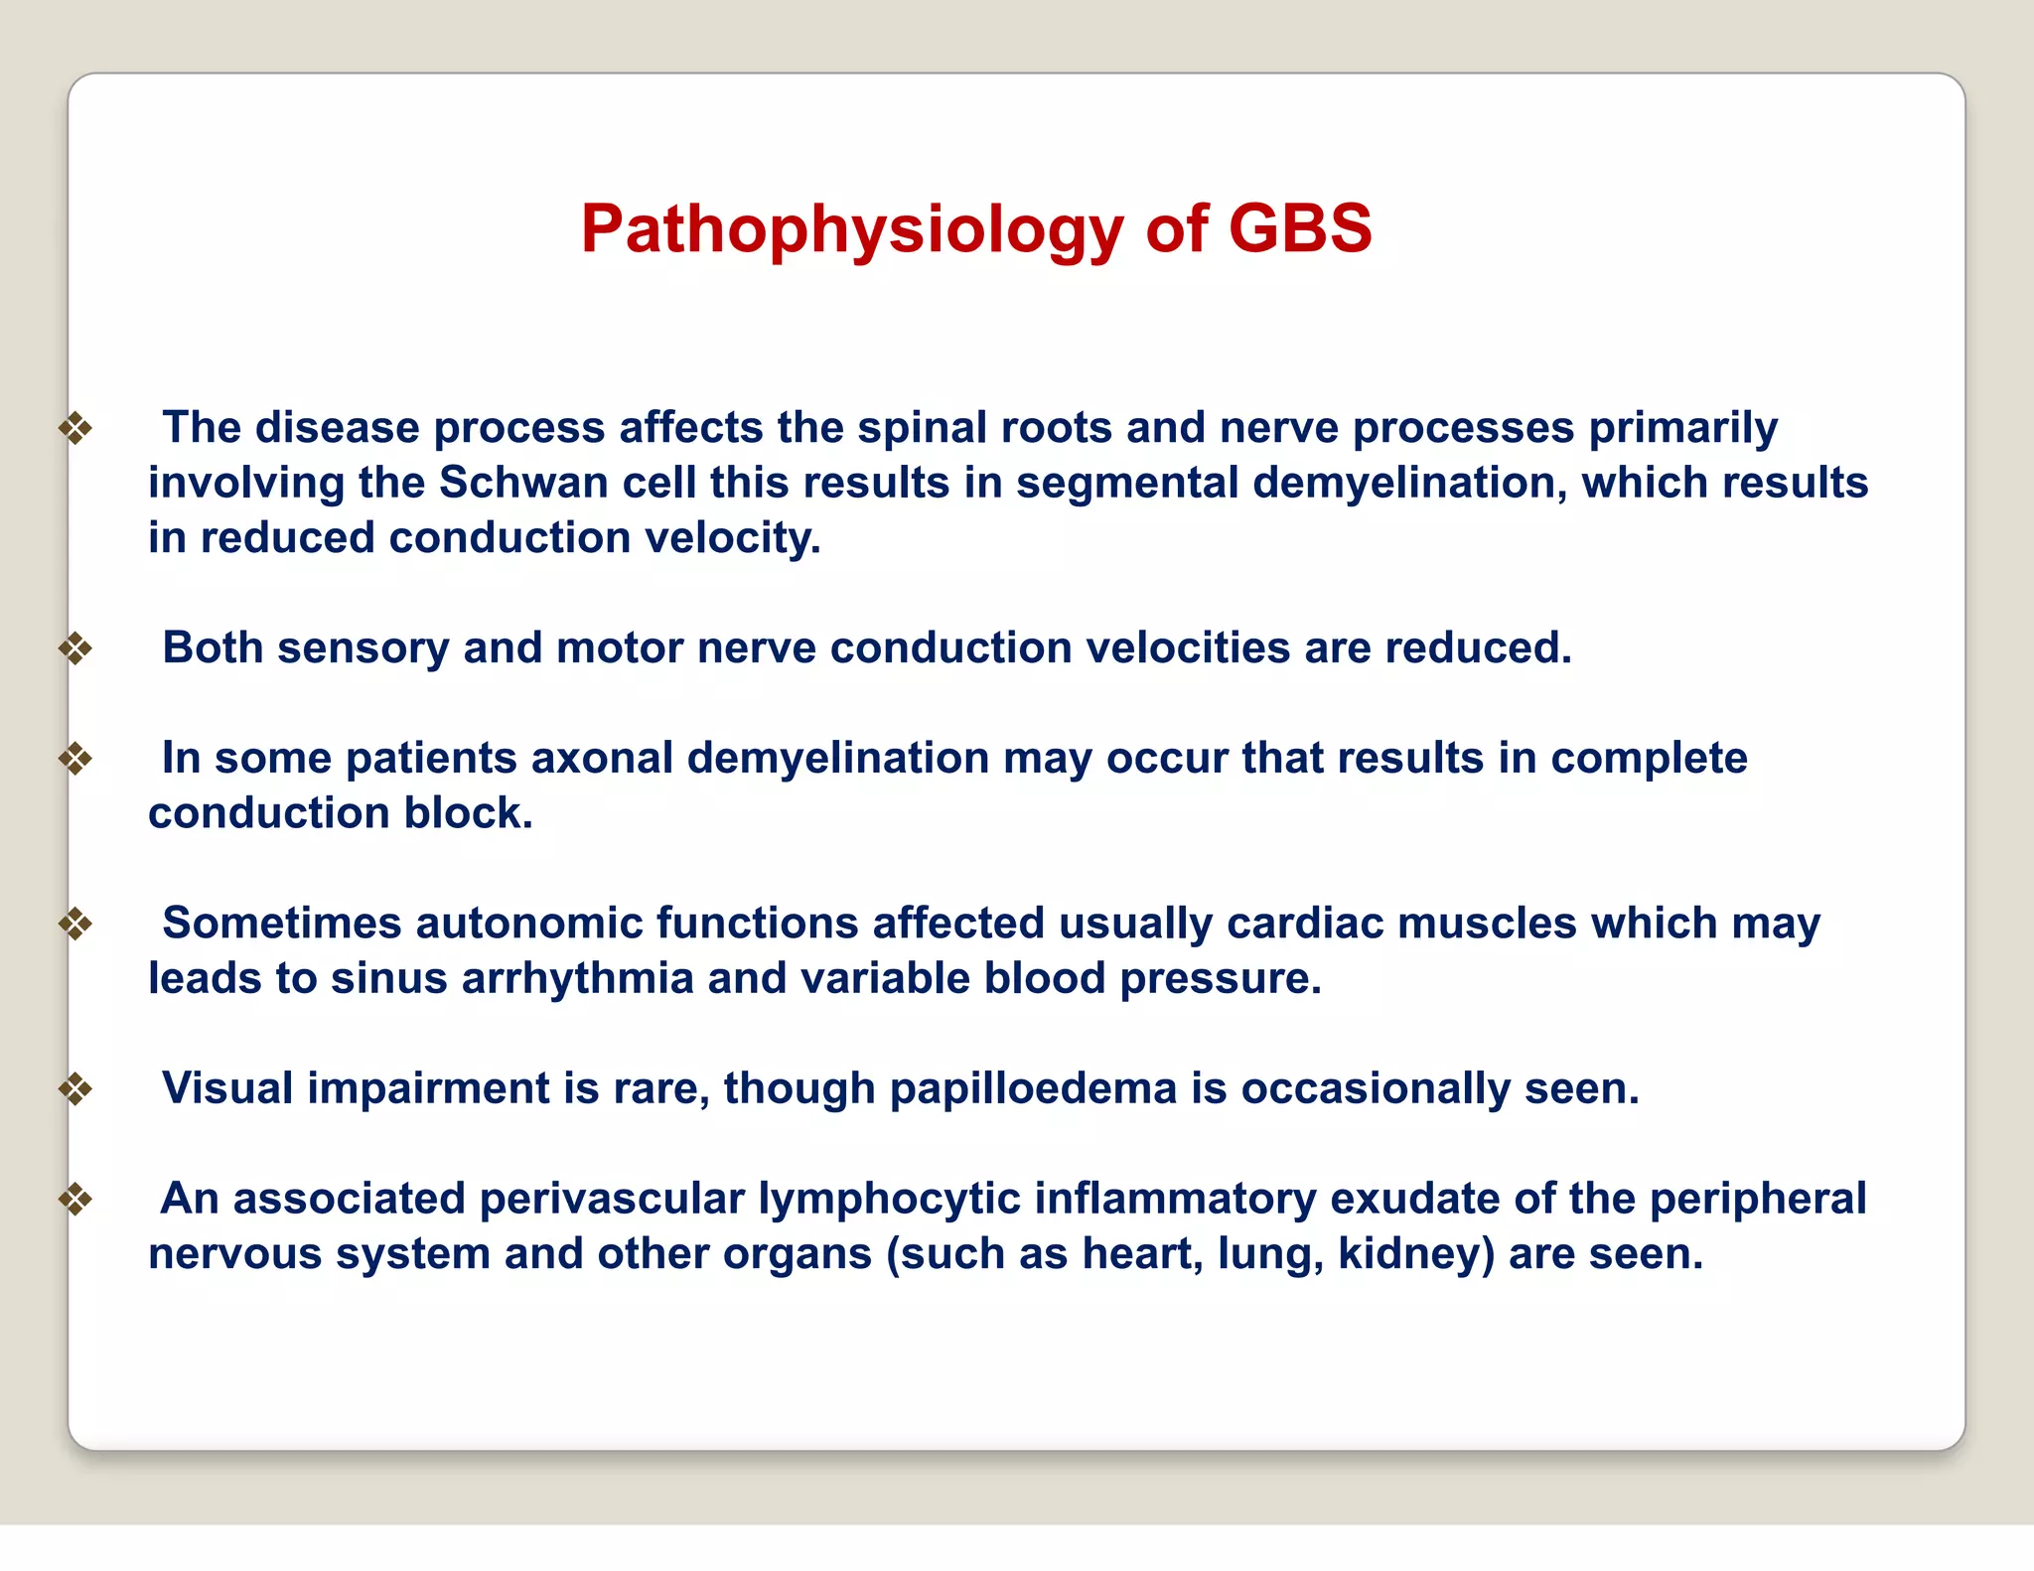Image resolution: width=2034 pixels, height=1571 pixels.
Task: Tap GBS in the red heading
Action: (1300, 228)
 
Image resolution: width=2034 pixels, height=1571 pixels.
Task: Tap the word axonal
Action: (602, 758)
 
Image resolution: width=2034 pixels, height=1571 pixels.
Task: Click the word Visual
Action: (227, 1088)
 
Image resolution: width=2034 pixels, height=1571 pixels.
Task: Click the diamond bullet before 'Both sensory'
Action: (75, 649)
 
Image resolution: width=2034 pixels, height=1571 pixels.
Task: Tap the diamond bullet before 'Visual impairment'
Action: (75, 1089)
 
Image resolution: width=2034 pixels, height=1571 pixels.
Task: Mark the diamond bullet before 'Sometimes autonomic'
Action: (75, 925)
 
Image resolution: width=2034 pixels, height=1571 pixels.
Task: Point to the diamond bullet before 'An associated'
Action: (75, 1200)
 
